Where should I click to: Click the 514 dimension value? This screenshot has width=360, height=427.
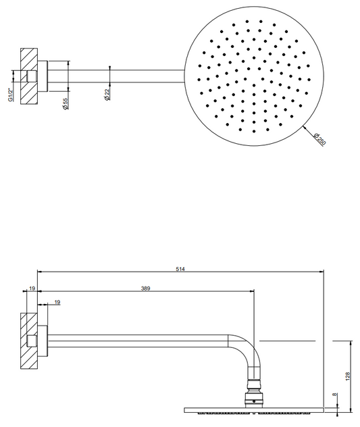click(180, 269)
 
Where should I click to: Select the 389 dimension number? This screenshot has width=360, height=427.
click(145, 288)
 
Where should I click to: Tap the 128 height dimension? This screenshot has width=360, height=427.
click(348, 376)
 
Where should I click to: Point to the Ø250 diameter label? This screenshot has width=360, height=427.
click(319, 139)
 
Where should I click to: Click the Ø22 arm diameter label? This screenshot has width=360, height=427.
click(107, 95)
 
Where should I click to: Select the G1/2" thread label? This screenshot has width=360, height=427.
click(11, 95)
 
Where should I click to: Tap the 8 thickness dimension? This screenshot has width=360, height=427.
click(335, 395)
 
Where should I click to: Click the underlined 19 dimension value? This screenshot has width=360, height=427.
click(57, 302)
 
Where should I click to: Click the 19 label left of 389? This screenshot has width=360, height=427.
click(32, 288)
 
